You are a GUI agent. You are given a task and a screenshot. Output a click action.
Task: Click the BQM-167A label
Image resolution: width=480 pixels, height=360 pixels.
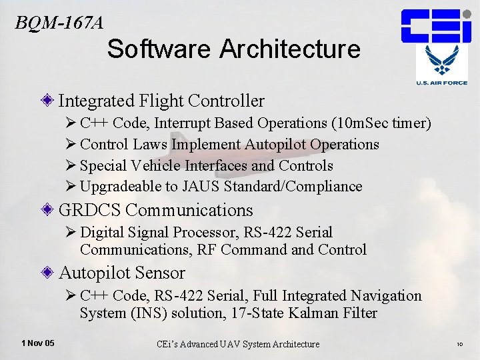(59, 23)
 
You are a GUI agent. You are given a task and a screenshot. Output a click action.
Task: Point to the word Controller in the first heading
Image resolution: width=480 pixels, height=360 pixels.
(227, 101)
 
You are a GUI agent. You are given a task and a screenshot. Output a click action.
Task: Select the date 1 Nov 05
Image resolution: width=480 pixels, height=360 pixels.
(38, 343)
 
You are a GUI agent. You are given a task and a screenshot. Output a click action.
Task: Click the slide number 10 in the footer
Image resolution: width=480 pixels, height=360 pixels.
(460, 345)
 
